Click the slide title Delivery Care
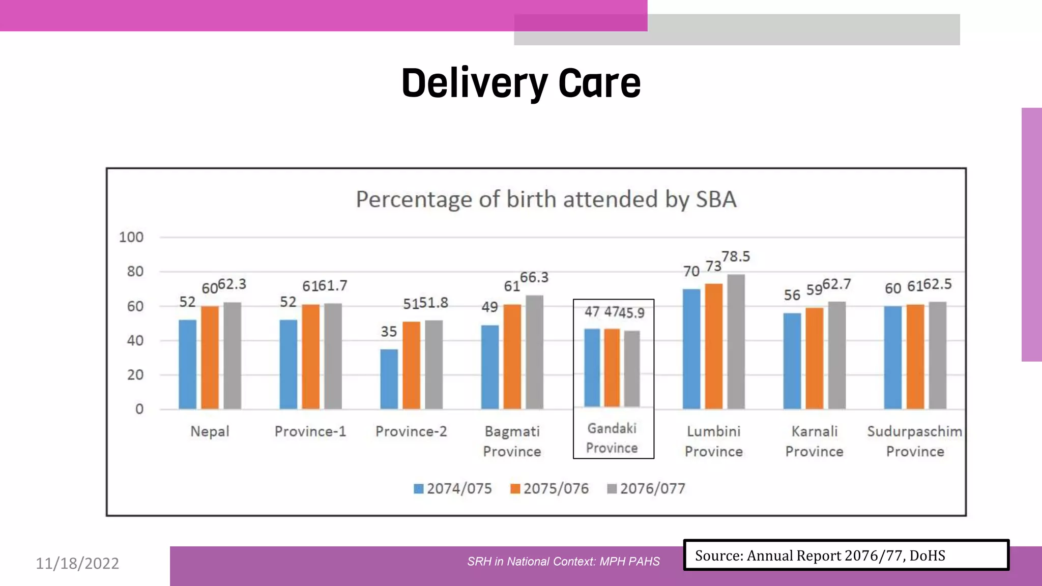point(520,83)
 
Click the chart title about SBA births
point(546,199)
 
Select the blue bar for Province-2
point(389,379)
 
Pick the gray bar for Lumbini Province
point(736,342)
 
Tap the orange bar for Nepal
point(210,358)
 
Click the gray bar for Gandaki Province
point(632,368)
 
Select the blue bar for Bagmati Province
point(490,367)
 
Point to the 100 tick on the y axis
point(131,237)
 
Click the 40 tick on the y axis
point(135,340)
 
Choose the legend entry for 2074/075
point(453,489)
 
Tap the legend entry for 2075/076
point(549,489)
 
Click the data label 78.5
point(736,256)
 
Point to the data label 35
point(389,332)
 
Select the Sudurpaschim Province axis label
point(915,441)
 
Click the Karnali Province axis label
point(814,441)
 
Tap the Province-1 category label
point(310,431)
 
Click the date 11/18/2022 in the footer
point(77,564)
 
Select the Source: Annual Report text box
point(846,555)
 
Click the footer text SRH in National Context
point(563,562)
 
